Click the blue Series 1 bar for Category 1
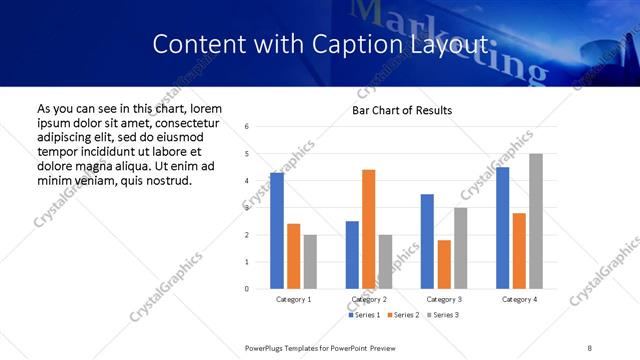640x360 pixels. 277,231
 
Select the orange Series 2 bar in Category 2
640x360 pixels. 368,229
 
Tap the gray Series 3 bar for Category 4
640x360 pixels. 536,221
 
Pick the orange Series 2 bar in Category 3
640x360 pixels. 444,264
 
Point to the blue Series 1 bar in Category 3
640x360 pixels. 427,241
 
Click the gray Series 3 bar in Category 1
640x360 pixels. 310,262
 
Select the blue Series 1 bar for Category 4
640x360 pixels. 502,228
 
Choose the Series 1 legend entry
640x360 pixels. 364,315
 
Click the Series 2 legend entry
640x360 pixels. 402,315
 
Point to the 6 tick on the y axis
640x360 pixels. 247,127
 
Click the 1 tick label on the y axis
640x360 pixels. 247,262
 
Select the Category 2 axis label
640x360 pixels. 369,299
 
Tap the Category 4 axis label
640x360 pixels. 519,299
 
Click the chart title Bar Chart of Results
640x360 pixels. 402,110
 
